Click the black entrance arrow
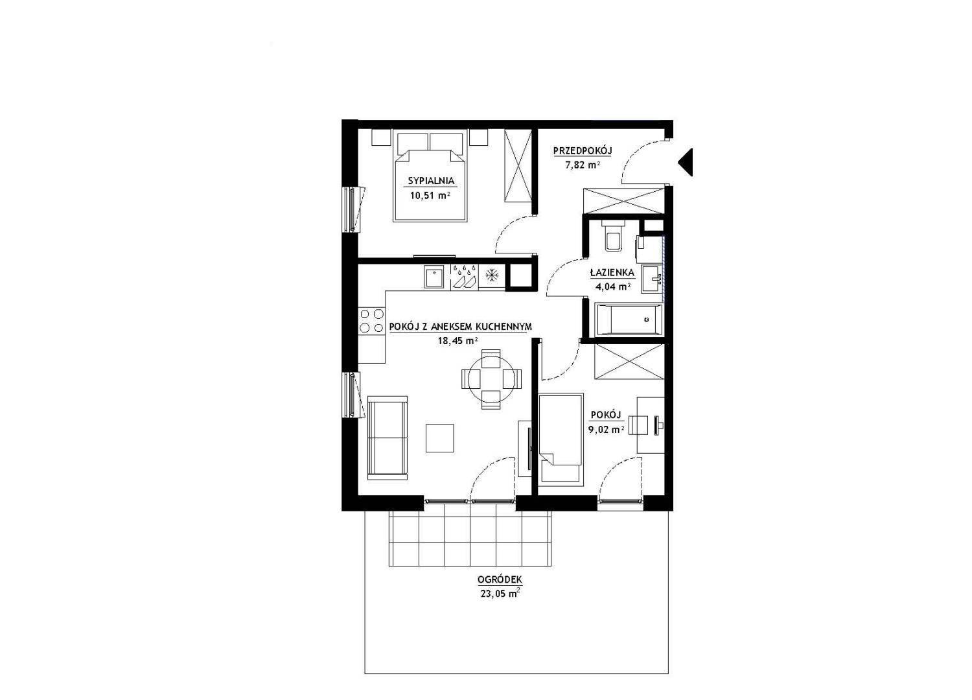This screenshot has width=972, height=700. coord(687,162)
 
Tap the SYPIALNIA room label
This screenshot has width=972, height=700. coord(431,181)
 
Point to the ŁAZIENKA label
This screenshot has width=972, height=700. coord(612,272)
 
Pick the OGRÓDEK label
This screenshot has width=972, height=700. coord(500,579)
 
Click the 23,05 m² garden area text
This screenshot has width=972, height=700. coord(500,594)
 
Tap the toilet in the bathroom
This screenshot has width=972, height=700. coord(613,236)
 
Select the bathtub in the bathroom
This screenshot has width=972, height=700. coord(629,320)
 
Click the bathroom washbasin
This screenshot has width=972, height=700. coord(652,279)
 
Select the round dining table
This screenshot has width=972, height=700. coord(491,379)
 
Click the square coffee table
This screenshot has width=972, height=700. coord(439,438)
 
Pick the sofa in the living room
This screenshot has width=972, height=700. coord(388,437)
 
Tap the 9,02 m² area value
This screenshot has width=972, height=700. coord(606,430)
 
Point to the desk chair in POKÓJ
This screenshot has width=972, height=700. coord(638,425)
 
